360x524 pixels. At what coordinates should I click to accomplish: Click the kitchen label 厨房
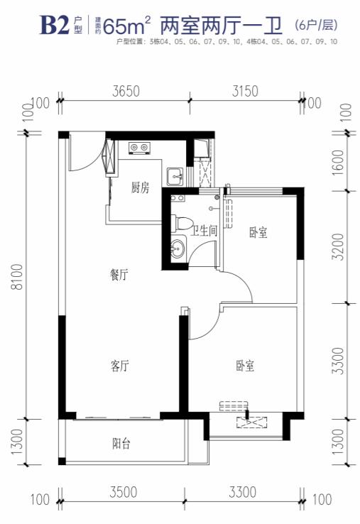(140, 188)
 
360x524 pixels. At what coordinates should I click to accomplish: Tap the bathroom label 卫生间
(204, 231)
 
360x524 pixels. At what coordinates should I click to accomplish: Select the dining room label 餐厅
(119, 275)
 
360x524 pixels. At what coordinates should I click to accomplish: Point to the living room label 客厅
(120, 366)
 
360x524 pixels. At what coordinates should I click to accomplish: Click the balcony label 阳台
(121, 444)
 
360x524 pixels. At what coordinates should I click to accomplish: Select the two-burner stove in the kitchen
(139, 148)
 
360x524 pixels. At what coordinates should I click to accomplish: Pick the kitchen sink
(175, 176)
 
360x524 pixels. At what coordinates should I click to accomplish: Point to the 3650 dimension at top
(126, 91)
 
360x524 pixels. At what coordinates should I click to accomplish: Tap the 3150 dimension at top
(246, 91)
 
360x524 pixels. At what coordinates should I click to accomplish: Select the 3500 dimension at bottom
(124, 492)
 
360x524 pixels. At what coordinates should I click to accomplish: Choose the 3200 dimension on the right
(338, 246)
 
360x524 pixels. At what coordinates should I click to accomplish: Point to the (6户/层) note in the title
(316, 25)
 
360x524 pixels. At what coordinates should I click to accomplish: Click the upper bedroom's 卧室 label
(258, 232)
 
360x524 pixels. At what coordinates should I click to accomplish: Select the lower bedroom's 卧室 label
(245, 366)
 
